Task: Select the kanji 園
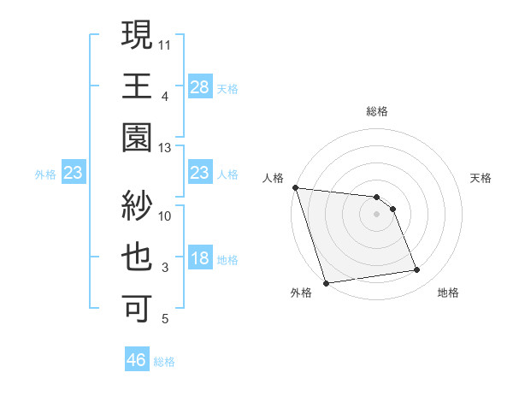point(138,138)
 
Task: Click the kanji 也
point(138,257)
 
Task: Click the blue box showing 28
point(199,86)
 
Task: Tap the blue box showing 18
point(199,259)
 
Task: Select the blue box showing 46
point(136,360)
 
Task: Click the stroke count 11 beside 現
point(165,44)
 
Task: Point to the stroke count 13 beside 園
point(165,148)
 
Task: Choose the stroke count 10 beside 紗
point(165,216)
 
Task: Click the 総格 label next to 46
point(164,362)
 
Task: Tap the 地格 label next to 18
point(227,260)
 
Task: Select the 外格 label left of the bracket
point(45,174)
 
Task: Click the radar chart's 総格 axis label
point(376,111)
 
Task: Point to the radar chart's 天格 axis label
point(481,178)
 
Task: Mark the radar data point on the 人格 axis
point(295,187)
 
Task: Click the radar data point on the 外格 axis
point(327,282)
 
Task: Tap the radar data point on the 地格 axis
point(417,270)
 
